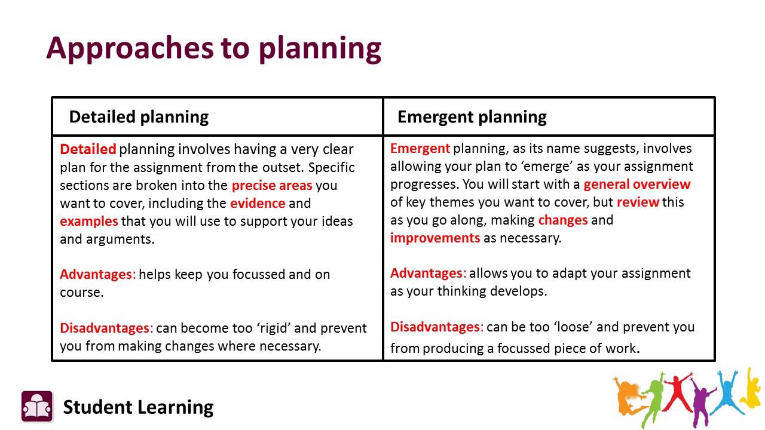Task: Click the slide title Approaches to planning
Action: point(213,48)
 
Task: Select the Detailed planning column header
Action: point(139,116)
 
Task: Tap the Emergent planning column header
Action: point(472,116)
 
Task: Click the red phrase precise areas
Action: point(272,185)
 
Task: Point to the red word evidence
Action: point(258,203)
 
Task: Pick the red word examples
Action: point(89,221)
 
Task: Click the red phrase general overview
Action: point(637,184)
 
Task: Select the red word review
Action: point(638,202)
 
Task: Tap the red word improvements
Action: point(435,238)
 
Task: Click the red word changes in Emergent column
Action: point(563,220)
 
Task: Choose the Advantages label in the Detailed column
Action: point(98,274)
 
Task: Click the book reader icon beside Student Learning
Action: point(37,406)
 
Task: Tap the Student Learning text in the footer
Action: point(138,407)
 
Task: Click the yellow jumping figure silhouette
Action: point(751,388)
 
